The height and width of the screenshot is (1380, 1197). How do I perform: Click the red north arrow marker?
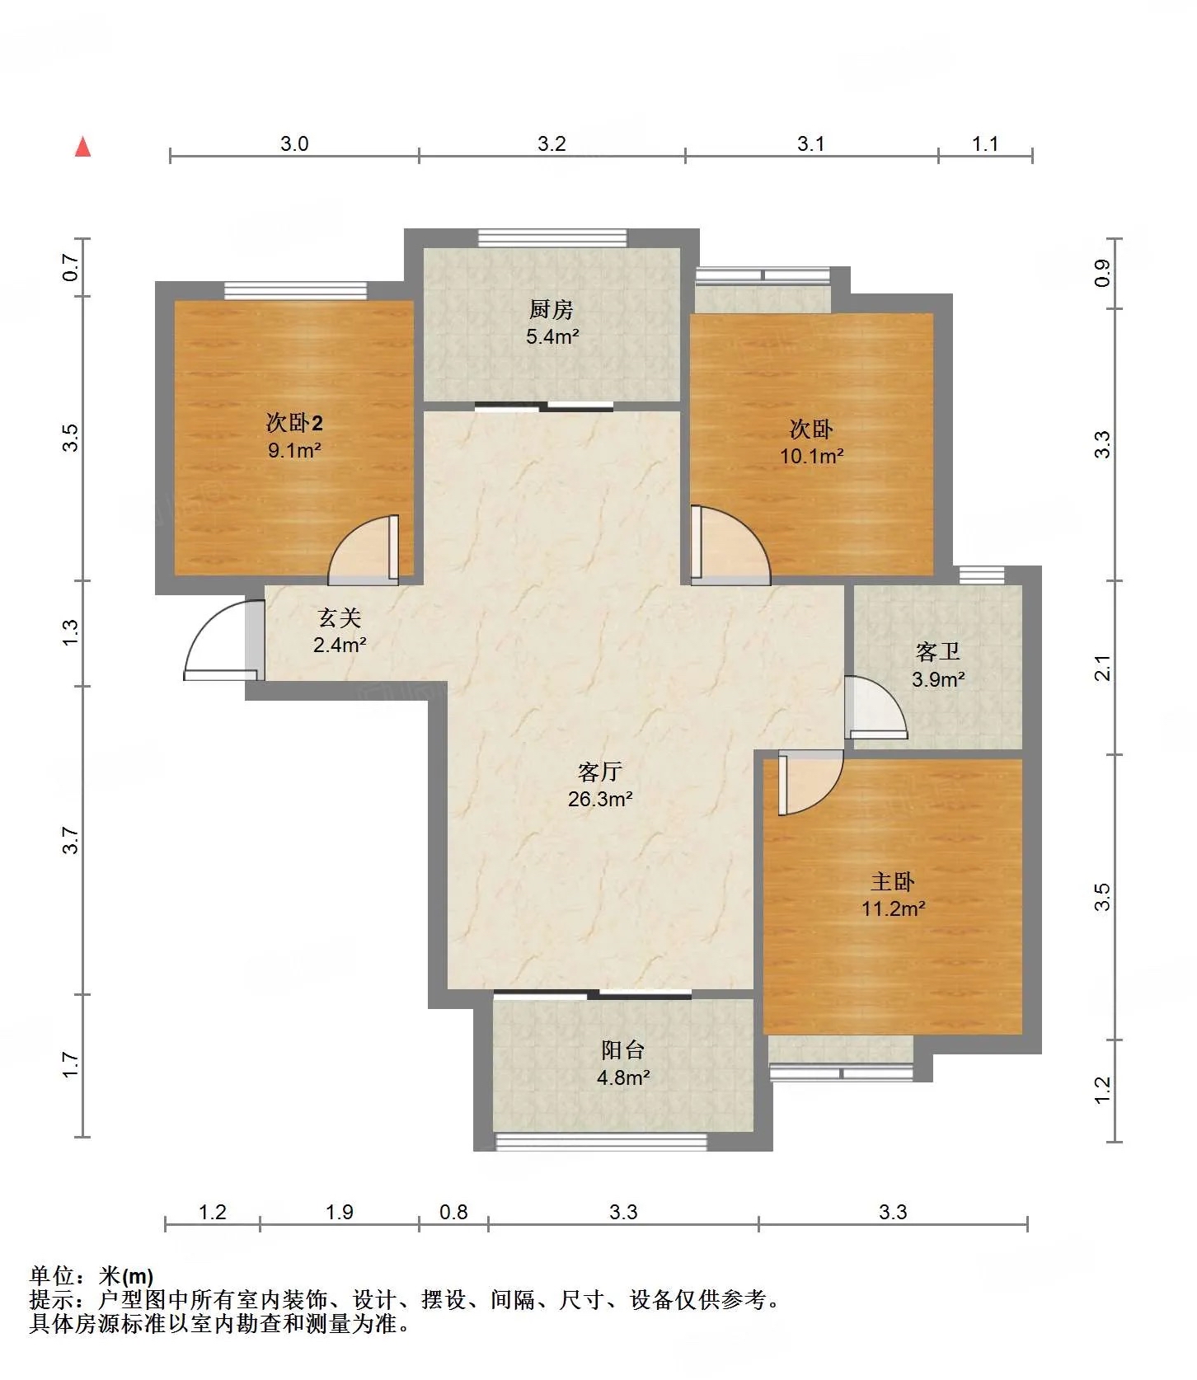(x=82, y=147)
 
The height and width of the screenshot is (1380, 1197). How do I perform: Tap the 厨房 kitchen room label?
(x=552, y=310)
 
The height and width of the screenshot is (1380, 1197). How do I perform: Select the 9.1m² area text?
(x=294, y=450)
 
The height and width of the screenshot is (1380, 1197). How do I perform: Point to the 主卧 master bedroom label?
(x=893, y=882)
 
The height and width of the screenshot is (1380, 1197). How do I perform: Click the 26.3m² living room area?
(x=600, y=799)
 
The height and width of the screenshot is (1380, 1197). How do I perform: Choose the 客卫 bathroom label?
(x=938, y=652)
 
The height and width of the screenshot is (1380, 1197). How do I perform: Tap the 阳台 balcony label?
(x=623, y=1050)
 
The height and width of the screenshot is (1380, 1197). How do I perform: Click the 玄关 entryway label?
(x=340, y=617)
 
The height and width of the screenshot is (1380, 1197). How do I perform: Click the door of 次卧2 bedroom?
(x=364, y=550)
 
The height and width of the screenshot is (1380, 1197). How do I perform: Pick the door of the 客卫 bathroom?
(x=876, y=707)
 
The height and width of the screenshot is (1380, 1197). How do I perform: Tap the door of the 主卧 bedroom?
(x=810, y=783)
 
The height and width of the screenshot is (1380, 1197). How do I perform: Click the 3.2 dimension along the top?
(x=552, y=144)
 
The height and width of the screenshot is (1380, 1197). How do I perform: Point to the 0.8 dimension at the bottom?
(x=453, y=1212)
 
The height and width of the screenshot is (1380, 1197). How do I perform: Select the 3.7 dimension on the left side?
(x=71, y=840)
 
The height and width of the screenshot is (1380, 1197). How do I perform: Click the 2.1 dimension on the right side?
(x=1102, y=668)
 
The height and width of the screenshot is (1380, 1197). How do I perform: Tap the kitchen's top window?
(x=552, y=237)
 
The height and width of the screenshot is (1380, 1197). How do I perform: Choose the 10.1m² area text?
(x=812, y=456)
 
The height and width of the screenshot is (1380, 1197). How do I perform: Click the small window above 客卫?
(x=982, y=575)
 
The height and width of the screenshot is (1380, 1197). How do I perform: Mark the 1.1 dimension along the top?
(x=985, y=144)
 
